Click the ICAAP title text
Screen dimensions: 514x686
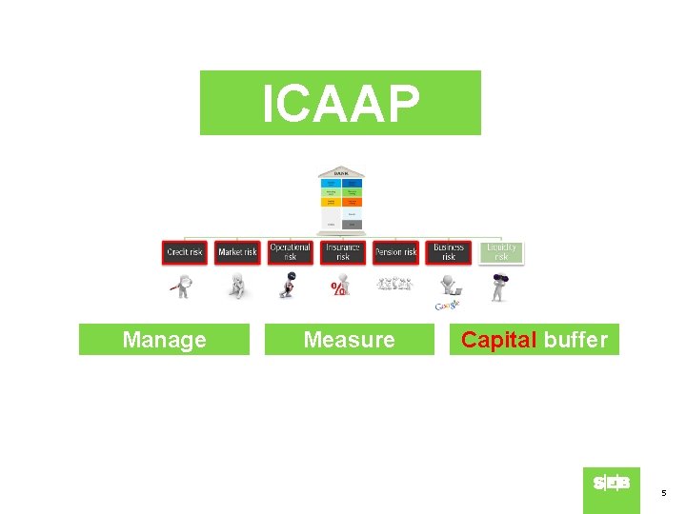click(340, 103)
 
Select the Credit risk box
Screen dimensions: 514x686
click(184, 252)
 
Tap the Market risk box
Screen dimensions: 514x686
click(237, 252)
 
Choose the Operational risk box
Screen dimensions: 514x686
click(290, 252)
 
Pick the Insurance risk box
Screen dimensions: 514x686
click(342, 252)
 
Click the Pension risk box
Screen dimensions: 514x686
click(395, 252)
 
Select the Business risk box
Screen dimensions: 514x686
click(448, 252)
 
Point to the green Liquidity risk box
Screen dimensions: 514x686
click(501, 252)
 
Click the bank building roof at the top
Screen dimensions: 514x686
click(340, 172)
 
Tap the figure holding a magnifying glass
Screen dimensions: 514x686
click(181, 286)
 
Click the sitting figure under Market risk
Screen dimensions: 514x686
click(236, 287)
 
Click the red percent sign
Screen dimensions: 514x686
click(337, 288)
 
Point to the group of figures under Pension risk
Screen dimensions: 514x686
click(394, 284)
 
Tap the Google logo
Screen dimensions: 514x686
click(447, 305)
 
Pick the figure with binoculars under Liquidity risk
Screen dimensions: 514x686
click(498, 286)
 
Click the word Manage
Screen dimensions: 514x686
click(164, 340)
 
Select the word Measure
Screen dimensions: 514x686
click(349, 340)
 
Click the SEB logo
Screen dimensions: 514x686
click(611, 484)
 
